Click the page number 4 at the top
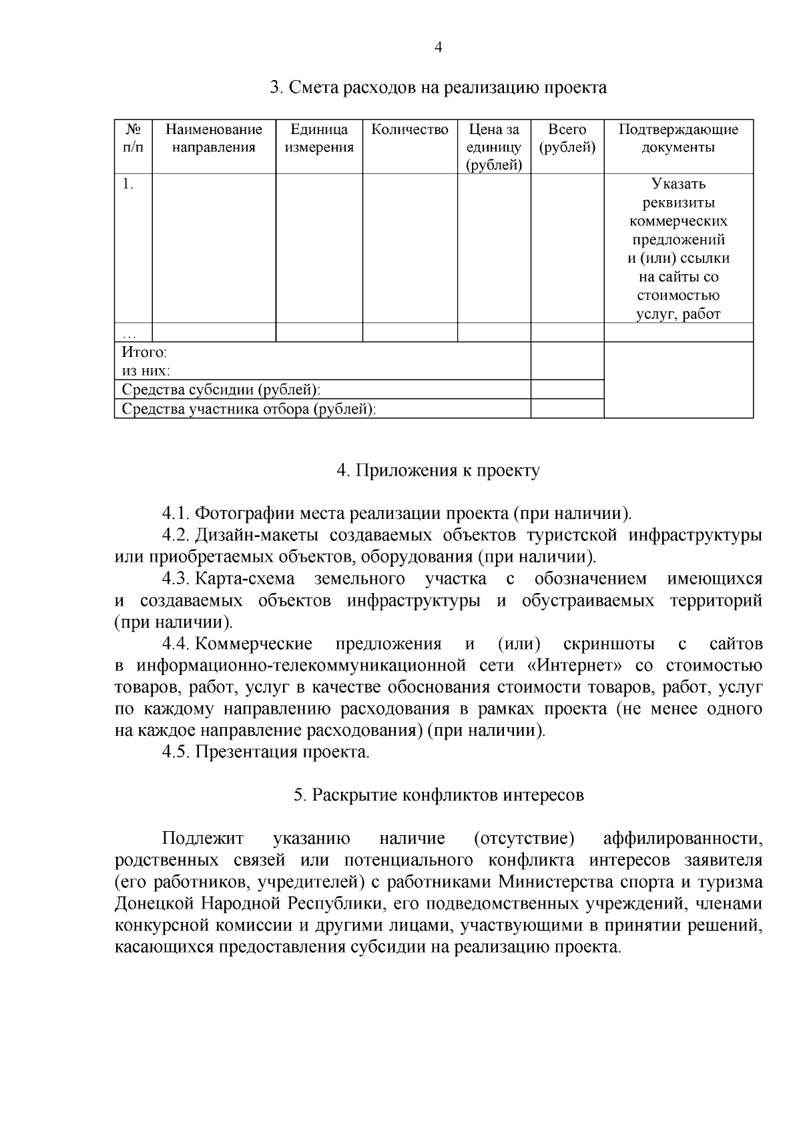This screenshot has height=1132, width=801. (438, 47)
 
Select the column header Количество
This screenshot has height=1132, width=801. (409, 129)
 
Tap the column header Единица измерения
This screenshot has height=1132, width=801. (319, 138)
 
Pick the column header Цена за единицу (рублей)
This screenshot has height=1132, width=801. (494, 147)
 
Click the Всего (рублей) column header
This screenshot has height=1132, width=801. (567, 138)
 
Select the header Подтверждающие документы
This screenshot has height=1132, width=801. (678, 138)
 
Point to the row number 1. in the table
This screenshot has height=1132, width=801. (128, 185)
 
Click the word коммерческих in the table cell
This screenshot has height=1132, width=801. (678, 221)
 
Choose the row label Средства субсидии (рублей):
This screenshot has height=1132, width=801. (221, 390)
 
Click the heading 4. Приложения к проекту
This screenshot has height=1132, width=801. (438, 471)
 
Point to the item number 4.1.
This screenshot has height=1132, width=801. (176, 514)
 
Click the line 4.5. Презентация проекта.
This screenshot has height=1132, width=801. (266, 752)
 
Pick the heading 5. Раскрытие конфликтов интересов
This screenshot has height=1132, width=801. (438, 795)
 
